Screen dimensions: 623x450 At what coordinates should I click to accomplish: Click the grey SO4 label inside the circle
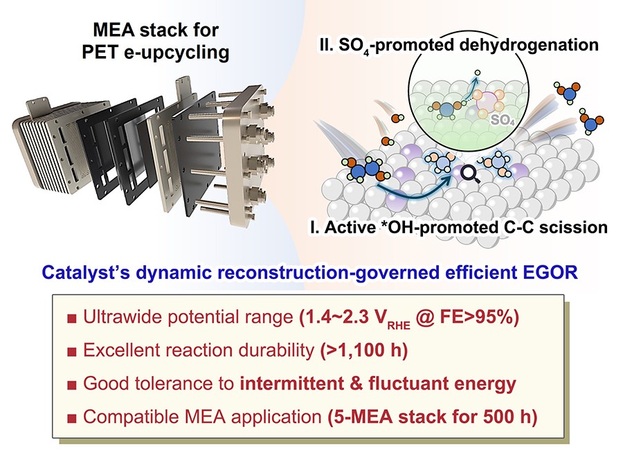pyautogui.click(x=503, y=120)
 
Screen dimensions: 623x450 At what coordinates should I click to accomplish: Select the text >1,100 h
pyautogui.click(x=364, y=350)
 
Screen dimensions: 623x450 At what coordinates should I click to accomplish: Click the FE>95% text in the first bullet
pyautogui.click(x=479, y=317)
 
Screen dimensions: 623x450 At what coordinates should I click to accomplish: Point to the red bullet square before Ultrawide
pyautogui.click(x=72, y=318)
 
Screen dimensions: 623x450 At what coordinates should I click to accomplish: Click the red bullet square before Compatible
pyautogui.click(x=72, y=418)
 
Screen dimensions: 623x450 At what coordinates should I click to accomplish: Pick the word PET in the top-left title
pyautogui.click(x=99, y=52)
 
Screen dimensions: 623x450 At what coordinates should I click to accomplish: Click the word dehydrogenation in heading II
pyautogui.click(x=529, y=44)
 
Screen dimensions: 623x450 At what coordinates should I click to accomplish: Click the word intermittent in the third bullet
pyautogui.click(x=291, y=384)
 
